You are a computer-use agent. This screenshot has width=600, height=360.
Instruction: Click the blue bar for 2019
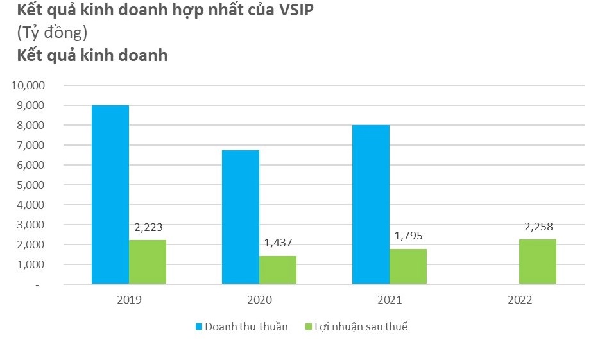tap(110, 194)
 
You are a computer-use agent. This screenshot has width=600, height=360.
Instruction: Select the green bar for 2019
tap(148, 262)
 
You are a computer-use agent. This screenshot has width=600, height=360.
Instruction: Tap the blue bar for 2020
tap(241, 217)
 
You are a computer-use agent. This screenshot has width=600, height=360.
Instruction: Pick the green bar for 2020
tap(278, 270)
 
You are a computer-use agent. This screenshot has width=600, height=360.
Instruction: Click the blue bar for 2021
tap(371, 204)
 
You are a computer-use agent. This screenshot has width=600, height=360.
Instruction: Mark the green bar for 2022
tap(538, 261)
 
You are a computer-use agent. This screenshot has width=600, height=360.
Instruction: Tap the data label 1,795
tap(409, 235)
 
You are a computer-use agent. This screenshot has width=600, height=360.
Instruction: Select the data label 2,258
tap(538, 226)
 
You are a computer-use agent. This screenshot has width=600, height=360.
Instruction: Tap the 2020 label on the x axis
tap(259, 300)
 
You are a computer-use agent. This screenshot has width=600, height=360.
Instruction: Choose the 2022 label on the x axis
tap(519, 300)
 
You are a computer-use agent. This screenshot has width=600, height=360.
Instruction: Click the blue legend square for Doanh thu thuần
tap(199, 327)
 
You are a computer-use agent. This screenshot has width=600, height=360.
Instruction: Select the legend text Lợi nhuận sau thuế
tap(361, 327)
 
